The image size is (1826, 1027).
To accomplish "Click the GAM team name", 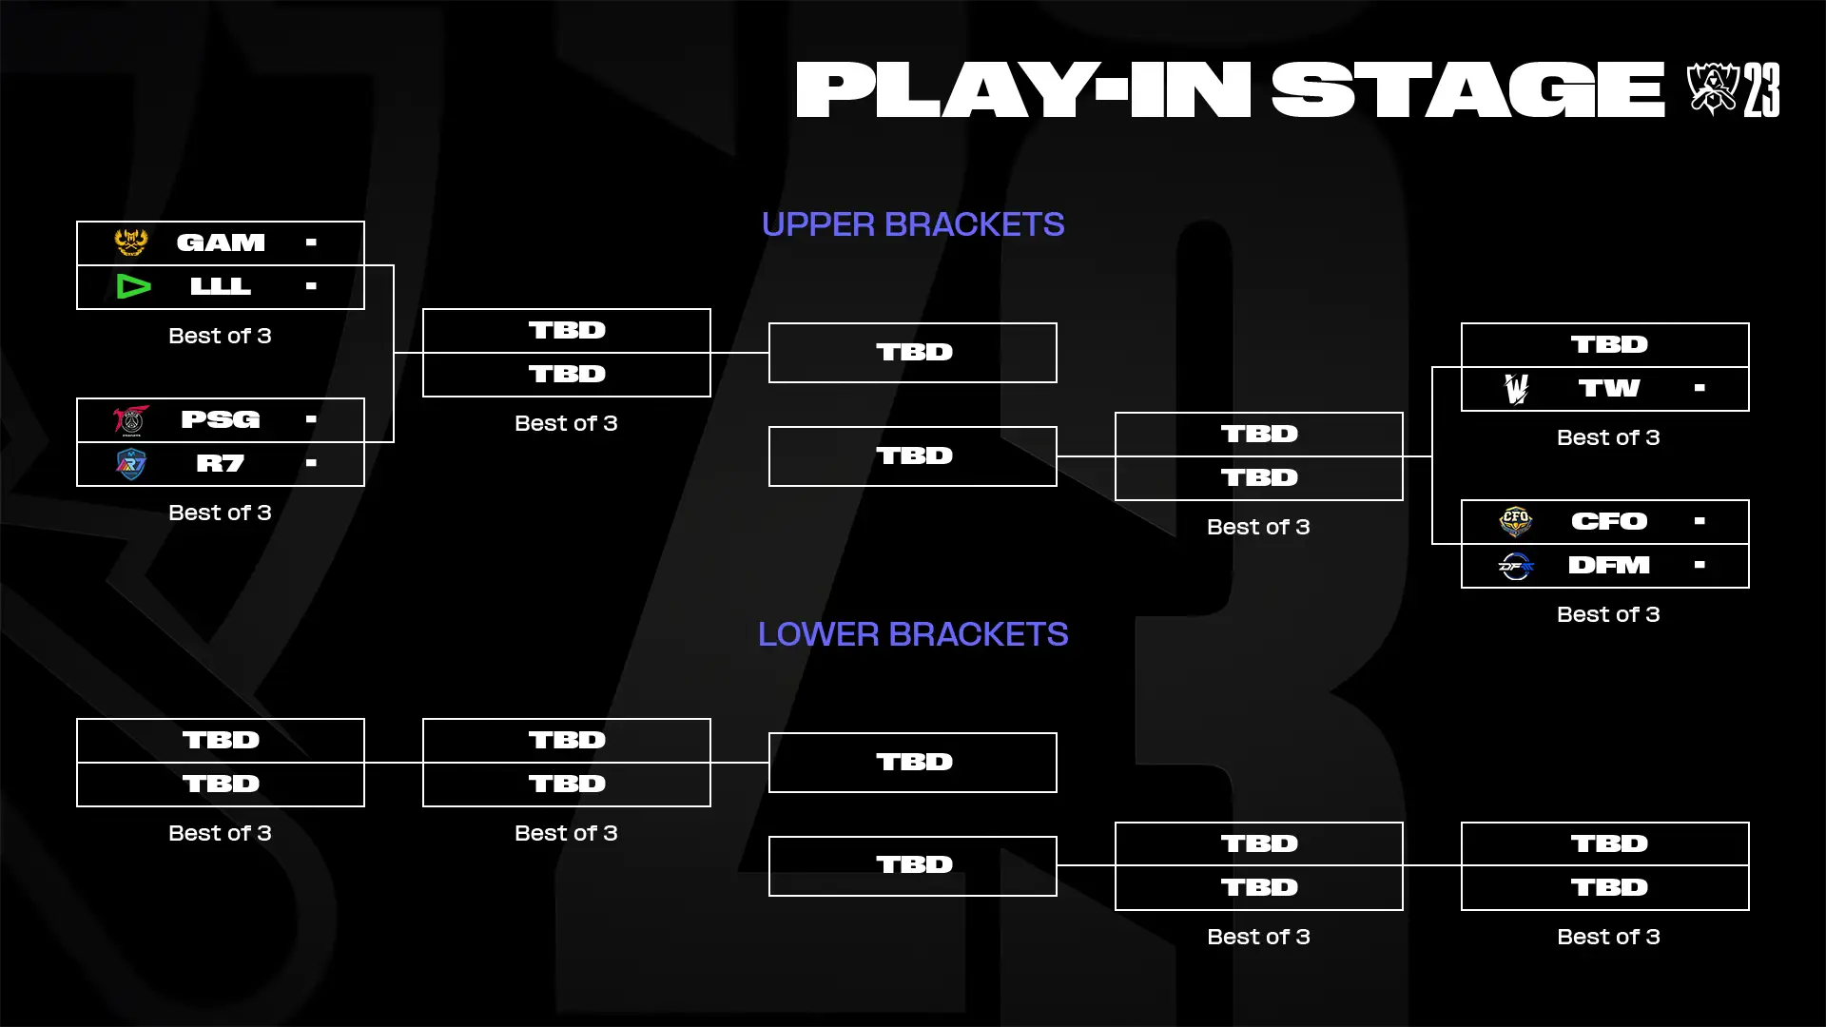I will pyautogui.click(x=221, y=243).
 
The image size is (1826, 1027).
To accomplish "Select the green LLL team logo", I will pyautogui.click(x=133, y=286).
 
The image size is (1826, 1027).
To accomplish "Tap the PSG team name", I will pyautogui.click(x=221, y=419).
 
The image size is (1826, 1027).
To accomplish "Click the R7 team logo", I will pyautogui.click(x=131, y=464).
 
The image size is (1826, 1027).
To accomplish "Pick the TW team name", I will pyautogui.click(x=1609, y=388).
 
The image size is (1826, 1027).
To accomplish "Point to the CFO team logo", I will pyautogui.click(x=1516, y=521).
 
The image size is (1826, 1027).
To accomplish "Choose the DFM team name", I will pyautogui.click(x=1609, y=566).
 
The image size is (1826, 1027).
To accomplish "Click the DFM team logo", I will pyautogui.click(x=1516, y=567).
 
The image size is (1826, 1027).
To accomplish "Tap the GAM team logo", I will pyautogui.click(x=131, y=242).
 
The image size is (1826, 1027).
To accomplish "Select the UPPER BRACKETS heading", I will pyautogui.click(x=913, y=224).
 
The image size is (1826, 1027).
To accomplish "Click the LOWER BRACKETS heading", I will pyautogui.click(x=913, y=634).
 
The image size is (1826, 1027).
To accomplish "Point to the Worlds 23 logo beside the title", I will pyautogui.click(x=1733, y=89).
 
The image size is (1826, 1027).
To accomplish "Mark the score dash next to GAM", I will pyautogui.click(x=311, y=242).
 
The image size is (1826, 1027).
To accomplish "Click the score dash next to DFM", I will pyautogui.click(x=1700, y=565).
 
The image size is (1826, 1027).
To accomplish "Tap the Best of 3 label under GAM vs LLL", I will pyautogui.click(x=220, y=336).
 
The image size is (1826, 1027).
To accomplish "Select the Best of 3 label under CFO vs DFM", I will pyautogui.click(x=1608, y=614).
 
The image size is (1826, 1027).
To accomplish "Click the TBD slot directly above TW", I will pyautogui.click(x=1609, y=344).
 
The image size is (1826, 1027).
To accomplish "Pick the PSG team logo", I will pyautogui.click(x=131, y=419).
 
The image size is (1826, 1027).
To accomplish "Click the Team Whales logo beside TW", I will pyautogui.click(x=1516, y=388).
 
